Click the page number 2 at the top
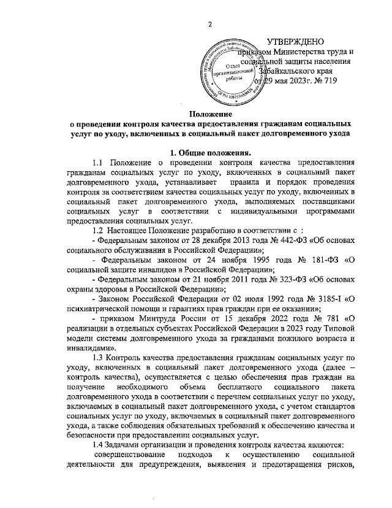[x=210, y=24]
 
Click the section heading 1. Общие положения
[x=209, y=152]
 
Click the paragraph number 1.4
[x=97, y=444]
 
